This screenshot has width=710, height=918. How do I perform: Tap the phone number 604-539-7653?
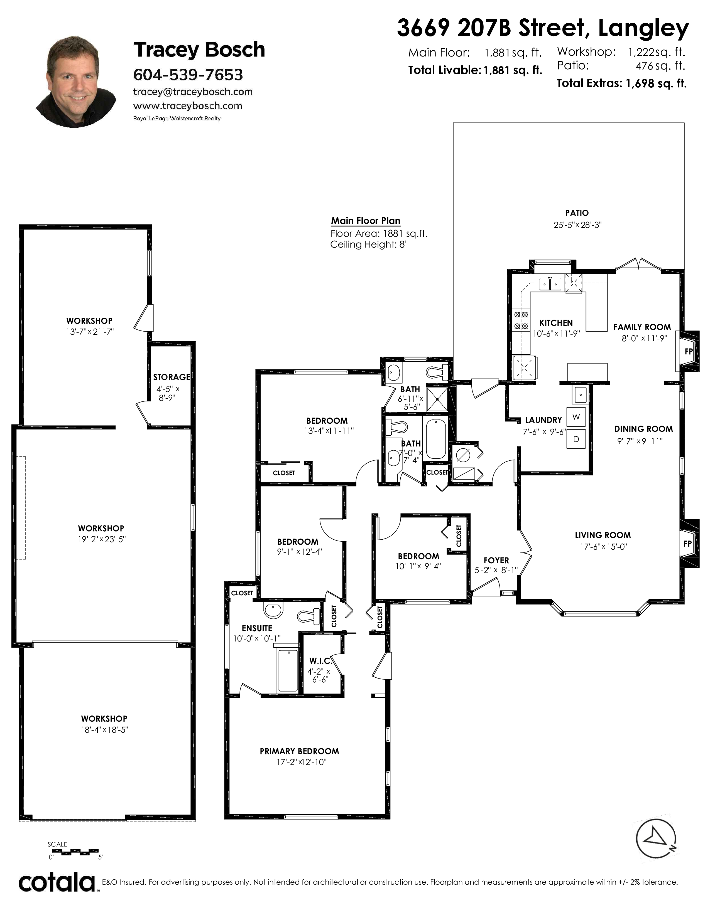(188, 75)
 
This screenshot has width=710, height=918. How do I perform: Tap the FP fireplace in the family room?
(688, 351)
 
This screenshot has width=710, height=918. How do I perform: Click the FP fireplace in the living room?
(688, 544)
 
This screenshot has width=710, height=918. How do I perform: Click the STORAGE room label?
(172, 377)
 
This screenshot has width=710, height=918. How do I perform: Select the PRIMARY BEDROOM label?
(299, 751)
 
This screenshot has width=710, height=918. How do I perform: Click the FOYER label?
(496, 560)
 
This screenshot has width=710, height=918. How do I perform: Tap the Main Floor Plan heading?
(366, 221)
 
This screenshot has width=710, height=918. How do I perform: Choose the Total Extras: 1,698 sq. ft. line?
(621, 83)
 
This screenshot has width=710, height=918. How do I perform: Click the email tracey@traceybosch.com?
(193, 92)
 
